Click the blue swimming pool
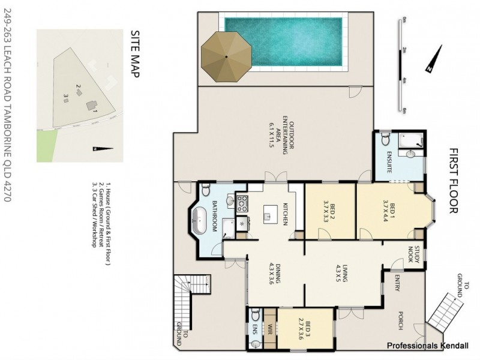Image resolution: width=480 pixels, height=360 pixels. pyautogui.click(x=283, y=42)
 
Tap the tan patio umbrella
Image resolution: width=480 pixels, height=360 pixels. pyautogui.click(x=226, y=56)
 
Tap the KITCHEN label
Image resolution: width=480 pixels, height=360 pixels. pyautogui.click(x=286, y=215)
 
